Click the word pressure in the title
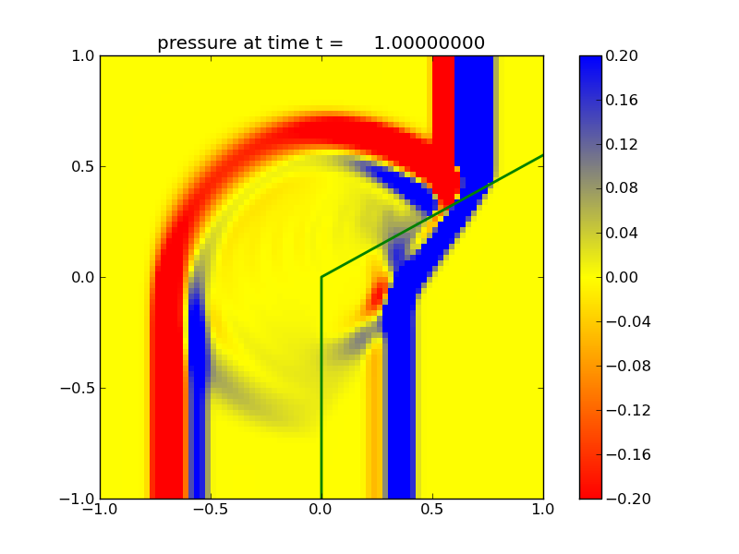[x=193, y=43]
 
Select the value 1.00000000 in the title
[x=431, y=43]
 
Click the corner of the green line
[x=321, y=277]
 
